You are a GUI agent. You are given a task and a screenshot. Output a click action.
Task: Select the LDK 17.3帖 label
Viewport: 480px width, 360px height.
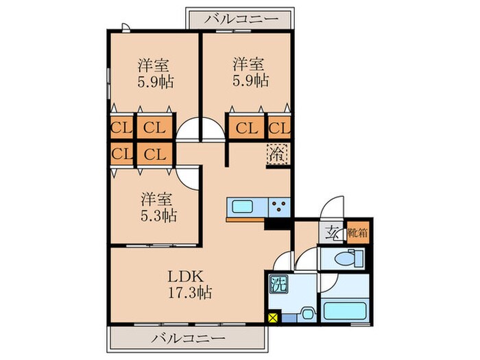tap(186, 284)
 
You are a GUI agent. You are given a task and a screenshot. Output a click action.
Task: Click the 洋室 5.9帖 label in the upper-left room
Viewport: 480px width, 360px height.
tap(155, 73)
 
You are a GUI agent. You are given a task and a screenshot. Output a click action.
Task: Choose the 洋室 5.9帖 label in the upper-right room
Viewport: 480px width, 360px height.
tap(248, 73)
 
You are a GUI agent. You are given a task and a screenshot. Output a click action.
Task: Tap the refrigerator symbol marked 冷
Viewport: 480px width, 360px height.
tap(278, 154)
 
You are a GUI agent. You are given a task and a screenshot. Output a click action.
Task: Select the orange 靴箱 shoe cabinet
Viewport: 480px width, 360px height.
tap(357, 232)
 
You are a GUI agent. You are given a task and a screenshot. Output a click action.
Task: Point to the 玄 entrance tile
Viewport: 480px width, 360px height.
tap(332, 232)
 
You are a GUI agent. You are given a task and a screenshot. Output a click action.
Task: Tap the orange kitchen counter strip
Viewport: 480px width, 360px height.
tap(245, 221)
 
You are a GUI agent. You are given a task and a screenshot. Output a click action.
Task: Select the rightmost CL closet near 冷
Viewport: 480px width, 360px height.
tap(279, 128)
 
